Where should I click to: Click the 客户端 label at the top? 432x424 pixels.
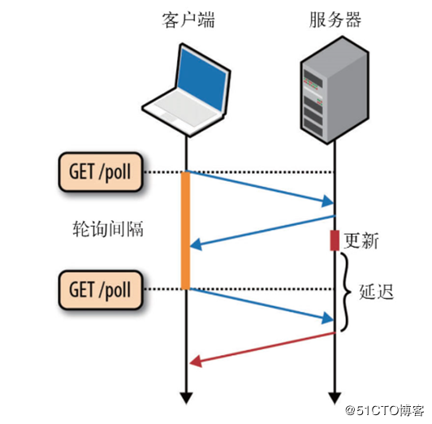pyautogui.click(x=188, y=20)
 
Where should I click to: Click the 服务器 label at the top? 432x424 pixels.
pyautogui.click(x=335, y=20)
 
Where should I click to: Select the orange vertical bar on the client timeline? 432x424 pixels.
pyautogui.click(x=186, y=230)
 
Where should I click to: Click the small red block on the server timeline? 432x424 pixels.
pyautogui.click(x=334, y=240)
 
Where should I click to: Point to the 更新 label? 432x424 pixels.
pyautogui.click(x=361, y=240)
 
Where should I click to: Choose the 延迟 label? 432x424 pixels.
pyautogui.click(x=376, y=291)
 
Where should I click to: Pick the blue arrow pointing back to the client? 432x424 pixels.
pyautogui.click(x=261, y=231)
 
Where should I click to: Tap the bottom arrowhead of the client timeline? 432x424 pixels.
pyautogui.click(x=186, y=396)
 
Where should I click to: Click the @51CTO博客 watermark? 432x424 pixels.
pyautogui.click(x=385, y=409)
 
